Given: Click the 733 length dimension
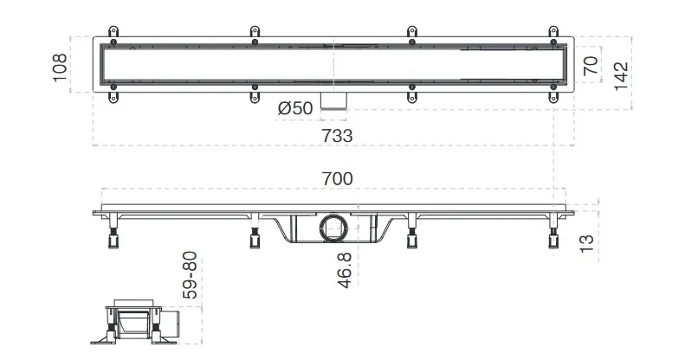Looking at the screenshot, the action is [337, 136].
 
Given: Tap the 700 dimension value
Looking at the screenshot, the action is [337, 179].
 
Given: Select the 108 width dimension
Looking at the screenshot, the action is [60, 67].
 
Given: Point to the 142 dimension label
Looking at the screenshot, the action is [621, 76].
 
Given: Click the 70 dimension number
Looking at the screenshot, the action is [591, 65].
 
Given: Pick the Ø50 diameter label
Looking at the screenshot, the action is [295, 108].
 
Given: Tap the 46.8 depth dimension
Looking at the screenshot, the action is [345, 270].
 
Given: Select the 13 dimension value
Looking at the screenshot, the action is [586, 243].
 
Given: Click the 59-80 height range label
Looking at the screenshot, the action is [190, 275].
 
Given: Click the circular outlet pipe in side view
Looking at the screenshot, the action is [333, 227].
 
